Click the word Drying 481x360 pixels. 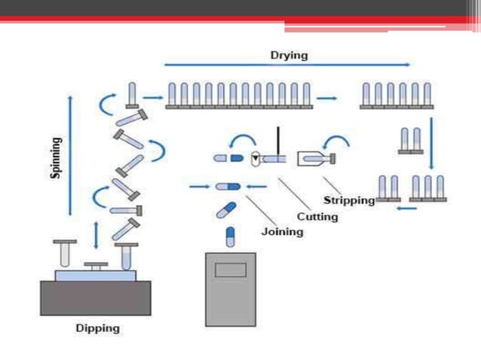point(289,56)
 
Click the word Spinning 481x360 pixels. point(56,157)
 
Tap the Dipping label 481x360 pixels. point(98,328)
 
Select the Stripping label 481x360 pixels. point(349,200)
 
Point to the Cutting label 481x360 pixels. point(317,217)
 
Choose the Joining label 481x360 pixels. point(282,232)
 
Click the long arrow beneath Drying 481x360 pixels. point(287,65)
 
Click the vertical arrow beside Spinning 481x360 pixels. point(70,156)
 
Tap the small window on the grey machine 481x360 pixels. point(231,270)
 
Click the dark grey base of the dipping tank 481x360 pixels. point(96,298)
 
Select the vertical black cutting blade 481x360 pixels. point(278,145)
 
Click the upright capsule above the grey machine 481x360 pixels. point(230,236)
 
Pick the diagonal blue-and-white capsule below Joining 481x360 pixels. point(226,210)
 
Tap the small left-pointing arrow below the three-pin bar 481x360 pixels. point(407,209)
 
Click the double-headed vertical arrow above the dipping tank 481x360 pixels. point(97,235)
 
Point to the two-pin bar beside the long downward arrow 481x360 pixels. point(411,141)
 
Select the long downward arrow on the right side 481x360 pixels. point(431,143)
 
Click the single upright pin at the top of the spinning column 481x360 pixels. point(132,95)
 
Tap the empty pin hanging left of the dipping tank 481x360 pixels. point(65,253)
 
